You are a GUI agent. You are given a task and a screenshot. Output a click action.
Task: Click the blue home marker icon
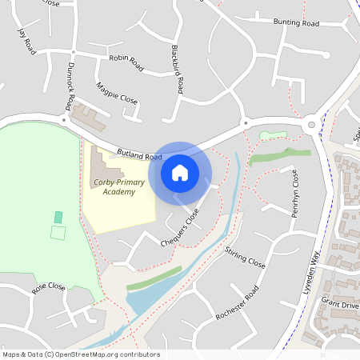point(180,172)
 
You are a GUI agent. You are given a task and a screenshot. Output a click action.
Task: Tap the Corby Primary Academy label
point(119,187)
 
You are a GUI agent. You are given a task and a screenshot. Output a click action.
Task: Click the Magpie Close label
point(117,94)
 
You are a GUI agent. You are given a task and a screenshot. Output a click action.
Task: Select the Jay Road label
point(26,42)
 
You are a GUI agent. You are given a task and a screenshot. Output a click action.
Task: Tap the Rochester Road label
point(238,302)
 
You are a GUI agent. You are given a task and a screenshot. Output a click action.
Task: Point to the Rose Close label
point(48,286)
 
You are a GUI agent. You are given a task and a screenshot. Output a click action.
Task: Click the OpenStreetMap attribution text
point(82,354)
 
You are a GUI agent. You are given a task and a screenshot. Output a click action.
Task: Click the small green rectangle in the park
point(58,217)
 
